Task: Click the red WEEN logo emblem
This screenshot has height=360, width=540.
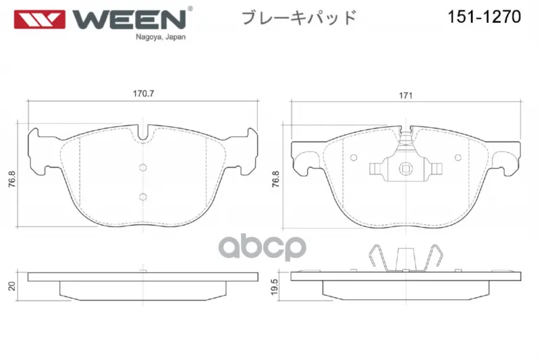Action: (39, 20)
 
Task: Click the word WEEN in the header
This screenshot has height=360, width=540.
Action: (129, 20)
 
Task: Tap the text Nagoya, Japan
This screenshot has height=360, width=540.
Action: (161, 37)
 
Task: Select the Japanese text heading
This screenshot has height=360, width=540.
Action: (299, 18)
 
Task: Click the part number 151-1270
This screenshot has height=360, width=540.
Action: (484, 16)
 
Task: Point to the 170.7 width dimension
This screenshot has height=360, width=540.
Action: (143, 93)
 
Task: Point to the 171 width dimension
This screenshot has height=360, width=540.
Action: (406, 95)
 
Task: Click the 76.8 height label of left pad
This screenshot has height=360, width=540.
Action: (11, 179)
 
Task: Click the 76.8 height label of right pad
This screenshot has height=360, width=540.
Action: (276, 179)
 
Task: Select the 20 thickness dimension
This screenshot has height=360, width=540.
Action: (11, 286)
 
